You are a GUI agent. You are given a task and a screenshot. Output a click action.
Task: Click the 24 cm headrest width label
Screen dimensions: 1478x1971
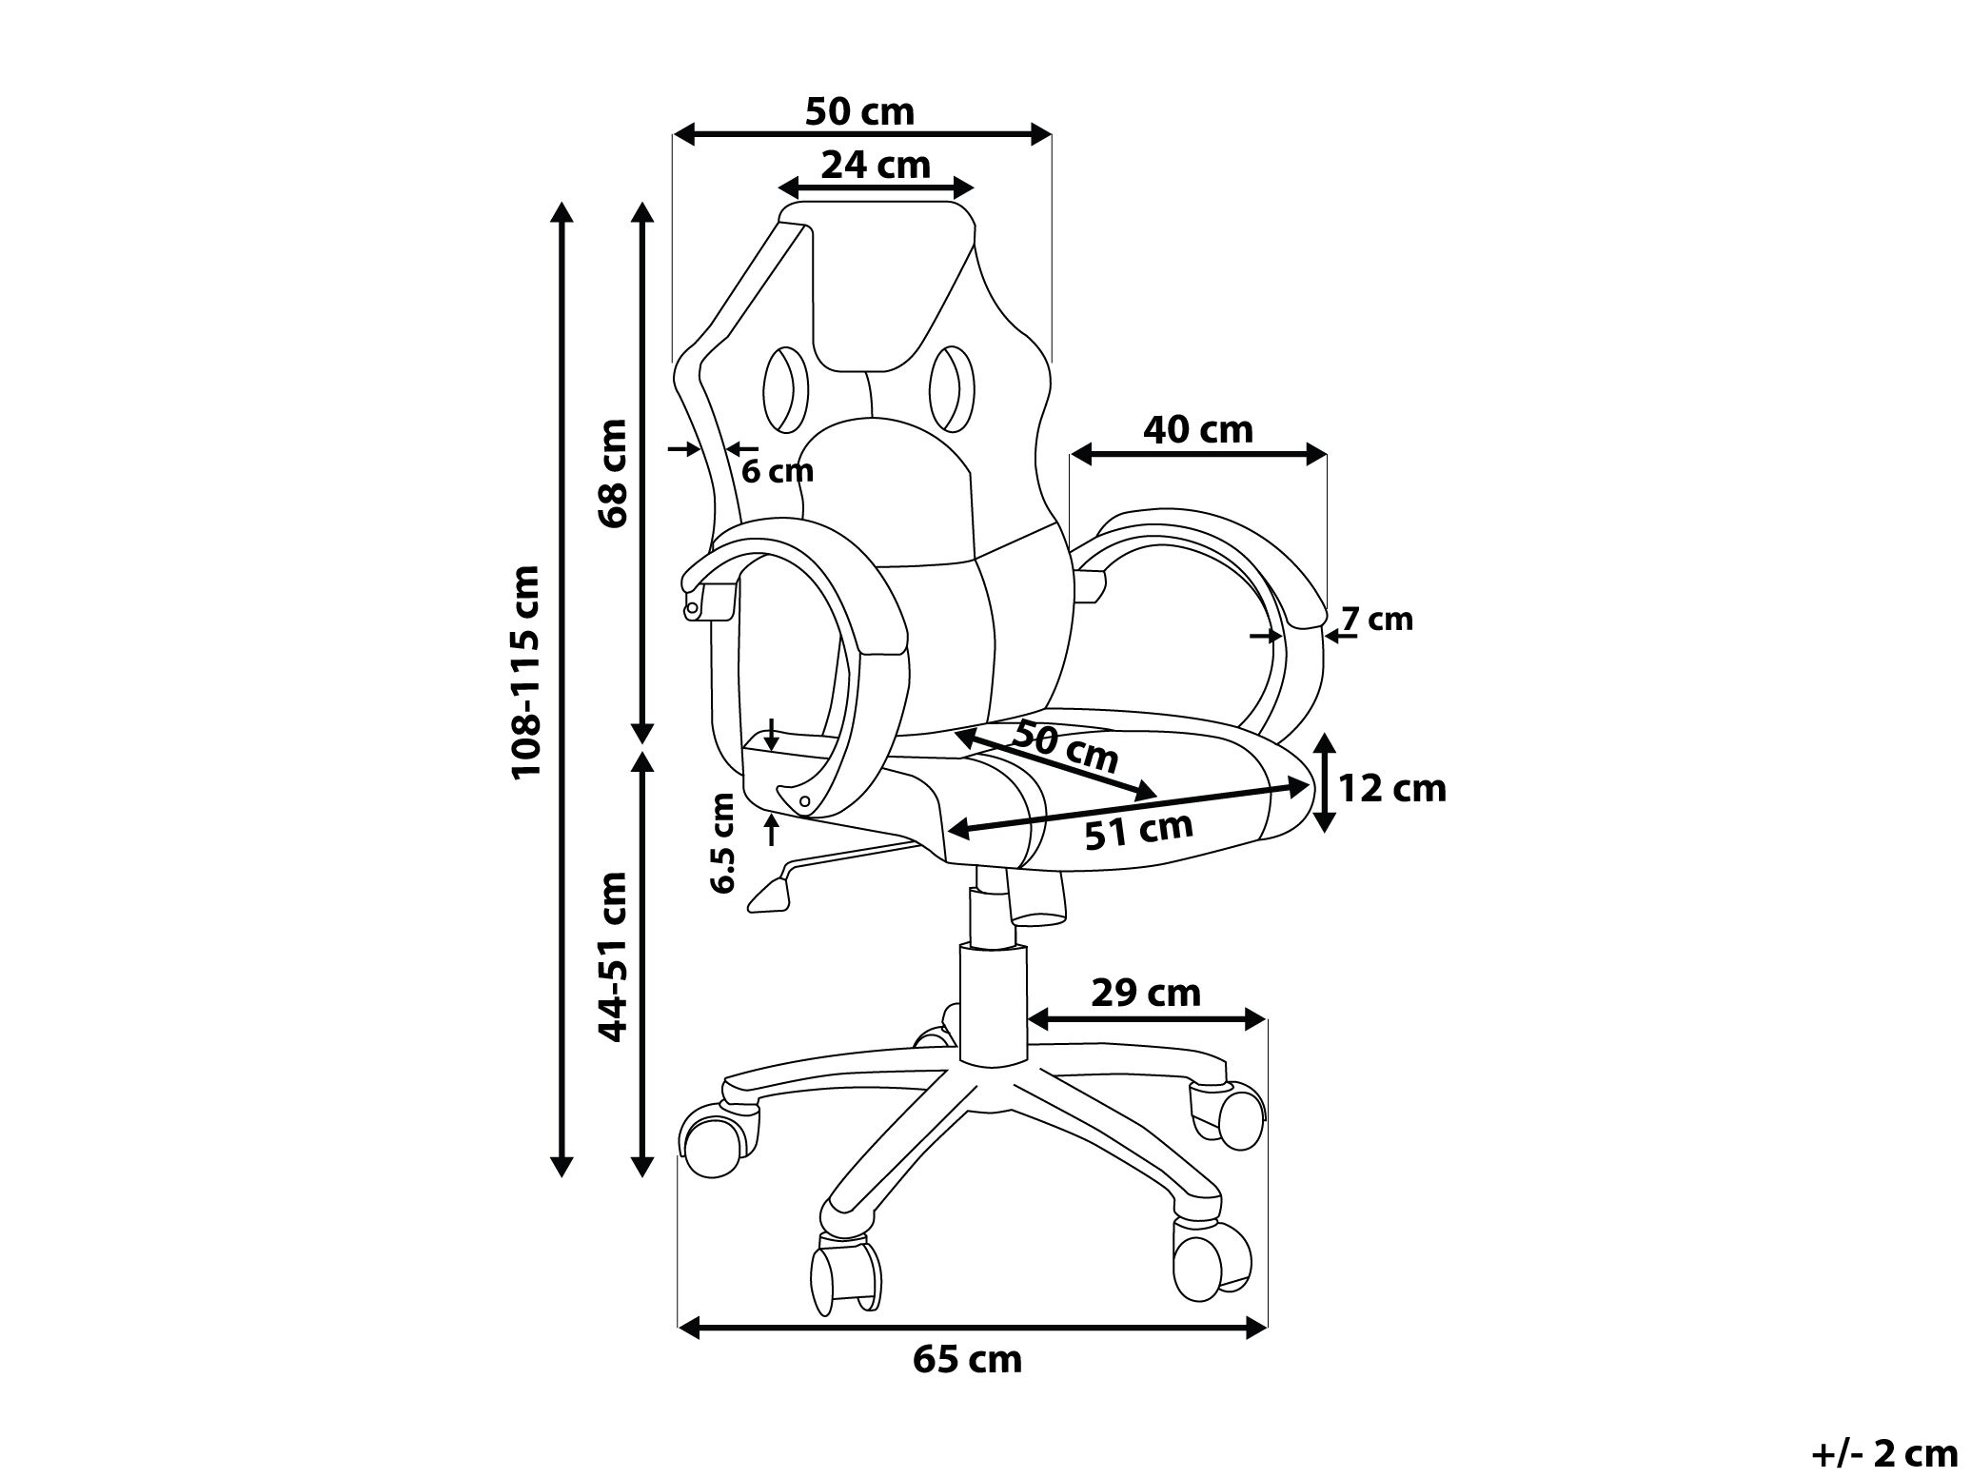(875, 165)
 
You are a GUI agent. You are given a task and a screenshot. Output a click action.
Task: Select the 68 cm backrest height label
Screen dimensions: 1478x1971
(614, 472)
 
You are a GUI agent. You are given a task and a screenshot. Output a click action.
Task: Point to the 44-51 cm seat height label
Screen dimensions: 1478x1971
(614, 956)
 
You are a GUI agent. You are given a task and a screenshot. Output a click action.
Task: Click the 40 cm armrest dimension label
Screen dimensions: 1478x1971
(1198, 430)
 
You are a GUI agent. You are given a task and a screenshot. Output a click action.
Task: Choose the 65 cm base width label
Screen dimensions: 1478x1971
(967, 1359)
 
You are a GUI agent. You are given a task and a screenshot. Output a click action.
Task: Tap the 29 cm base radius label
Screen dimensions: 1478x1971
(1145, 994)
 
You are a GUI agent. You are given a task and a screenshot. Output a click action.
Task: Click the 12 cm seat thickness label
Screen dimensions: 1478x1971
(1391, 788)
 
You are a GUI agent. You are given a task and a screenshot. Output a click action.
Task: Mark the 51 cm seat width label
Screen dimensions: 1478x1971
(1138, 831)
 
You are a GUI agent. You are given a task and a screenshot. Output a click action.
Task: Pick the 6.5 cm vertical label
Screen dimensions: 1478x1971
(722, 842)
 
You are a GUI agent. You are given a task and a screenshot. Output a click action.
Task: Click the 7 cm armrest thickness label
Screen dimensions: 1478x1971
(1376, 620)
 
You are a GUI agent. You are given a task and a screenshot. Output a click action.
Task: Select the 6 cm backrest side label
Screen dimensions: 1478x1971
(777, 470)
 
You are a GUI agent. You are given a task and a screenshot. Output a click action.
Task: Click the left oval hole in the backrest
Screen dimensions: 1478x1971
(785, 388)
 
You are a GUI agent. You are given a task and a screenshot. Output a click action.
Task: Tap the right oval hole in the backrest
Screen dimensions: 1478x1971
(952, 387)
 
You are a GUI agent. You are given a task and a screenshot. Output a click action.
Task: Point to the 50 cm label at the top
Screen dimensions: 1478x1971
(858, 111)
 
